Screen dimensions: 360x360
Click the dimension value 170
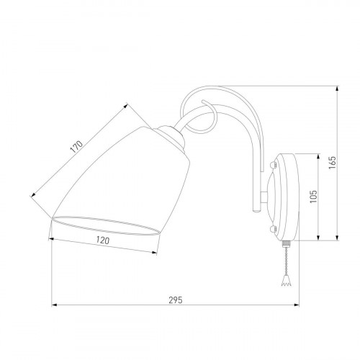click(x=76, y=147)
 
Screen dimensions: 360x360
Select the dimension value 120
click(x=103, y=240)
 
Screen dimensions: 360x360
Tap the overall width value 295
click(x=176, y=300)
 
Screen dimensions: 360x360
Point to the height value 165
click(x=333, y=163)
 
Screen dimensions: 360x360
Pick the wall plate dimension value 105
click(x=313, y=197)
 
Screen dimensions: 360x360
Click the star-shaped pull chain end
click(x=286, y=282)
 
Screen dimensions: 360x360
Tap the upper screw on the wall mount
click(x=273, y=165)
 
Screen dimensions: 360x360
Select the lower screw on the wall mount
click(x=273, y=229)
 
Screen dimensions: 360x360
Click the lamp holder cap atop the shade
click(x=171, y=137)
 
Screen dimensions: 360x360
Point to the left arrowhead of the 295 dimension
click(x=54, y=305)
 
